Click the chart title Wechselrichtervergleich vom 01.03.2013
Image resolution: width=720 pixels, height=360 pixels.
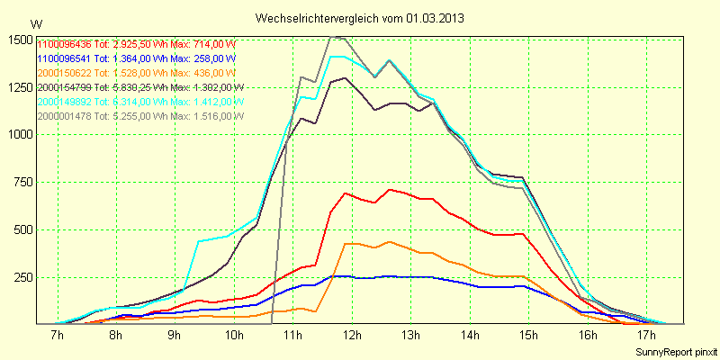tap(360, 18)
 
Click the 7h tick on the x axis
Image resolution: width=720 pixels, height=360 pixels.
tap(57, 336)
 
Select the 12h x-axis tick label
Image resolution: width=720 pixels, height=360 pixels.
tap(351, 336)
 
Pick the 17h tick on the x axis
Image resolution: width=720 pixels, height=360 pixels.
tap(645, 336)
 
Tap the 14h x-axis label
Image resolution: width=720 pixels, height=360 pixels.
tap(469, 336)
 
